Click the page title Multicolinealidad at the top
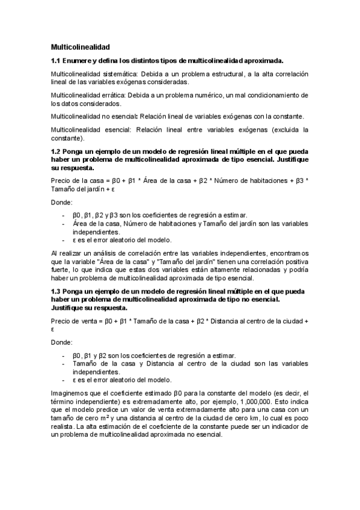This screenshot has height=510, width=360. coord(81,46)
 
